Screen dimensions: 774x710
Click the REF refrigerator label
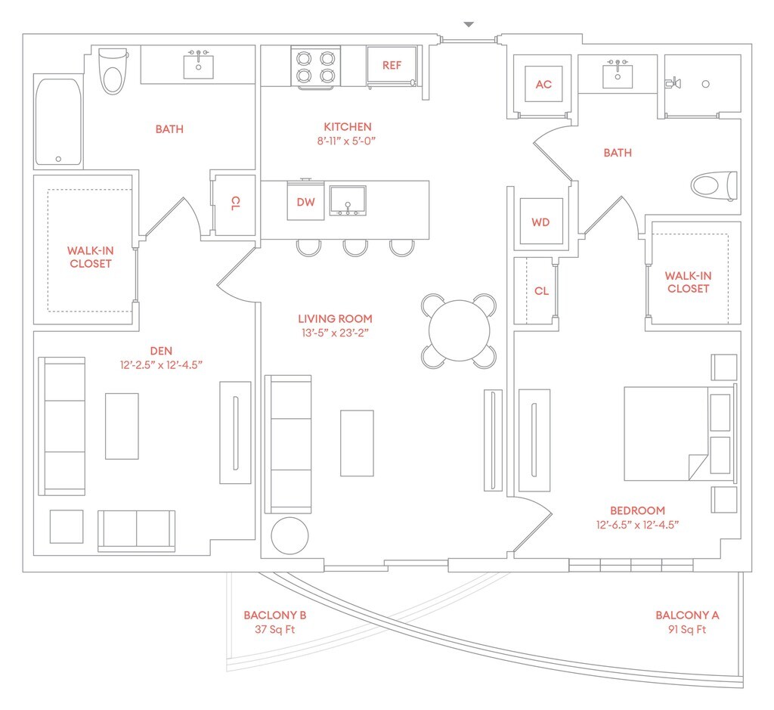[392, 65]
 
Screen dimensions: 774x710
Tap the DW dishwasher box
[305, 201]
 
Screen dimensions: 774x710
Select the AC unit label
[543, 85]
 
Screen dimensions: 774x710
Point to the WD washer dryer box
[541, 222]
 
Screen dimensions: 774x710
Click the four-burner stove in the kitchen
[315, 67]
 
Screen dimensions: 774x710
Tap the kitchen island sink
[348, 201]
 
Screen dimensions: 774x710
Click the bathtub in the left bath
[58, 122]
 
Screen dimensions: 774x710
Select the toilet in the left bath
[113, 70]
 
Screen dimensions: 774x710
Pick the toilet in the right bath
[714, 186]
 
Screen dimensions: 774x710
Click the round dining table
[459, 331]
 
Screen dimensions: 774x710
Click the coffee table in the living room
[357, 443]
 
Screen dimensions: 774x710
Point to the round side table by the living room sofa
[289, 535]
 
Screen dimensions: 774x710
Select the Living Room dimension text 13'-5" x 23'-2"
[335, 333]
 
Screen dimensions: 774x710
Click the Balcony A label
[687, 615]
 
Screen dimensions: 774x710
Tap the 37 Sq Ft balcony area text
[275, 630]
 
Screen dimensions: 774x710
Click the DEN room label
[161, 351]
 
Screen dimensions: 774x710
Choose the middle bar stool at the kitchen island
[355, 248]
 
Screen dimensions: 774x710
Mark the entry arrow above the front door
[469, 24]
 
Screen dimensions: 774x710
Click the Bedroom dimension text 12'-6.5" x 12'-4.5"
[637, 525]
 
